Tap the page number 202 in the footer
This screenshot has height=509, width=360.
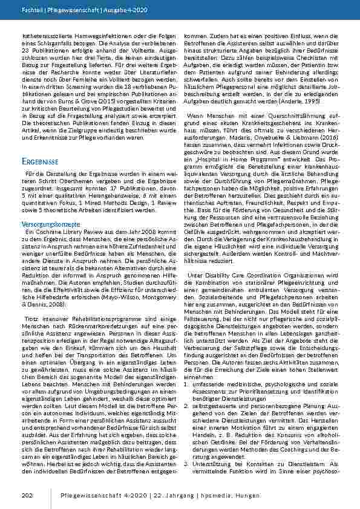(27, 496)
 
